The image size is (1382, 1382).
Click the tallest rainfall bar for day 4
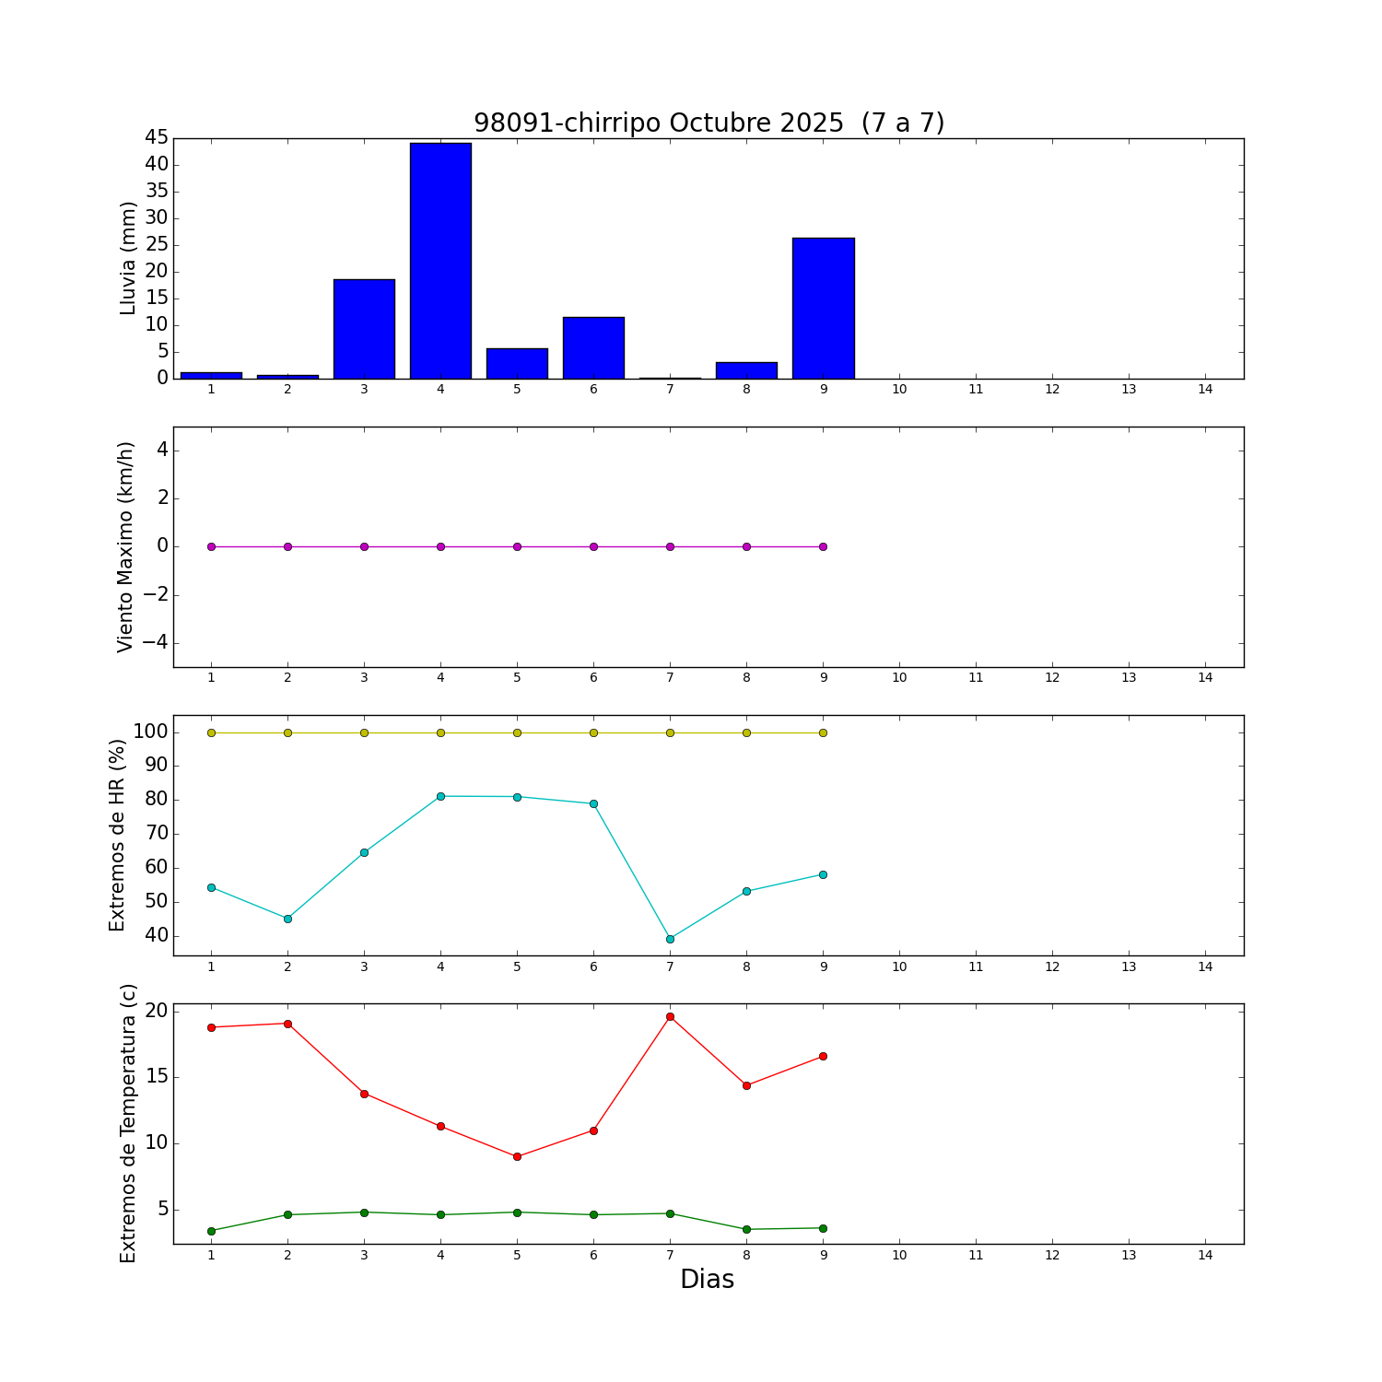coord(440,261)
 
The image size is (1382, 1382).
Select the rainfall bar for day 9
coord(823,308)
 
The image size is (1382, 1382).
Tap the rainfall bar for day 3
coord(364,329)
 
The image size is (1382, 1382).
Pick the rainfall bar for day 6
coord(593,347)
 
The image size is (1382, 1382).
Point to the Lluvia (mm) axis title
coord(128,258)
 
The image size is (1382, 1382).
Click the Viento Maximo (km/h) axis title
coord(126,546)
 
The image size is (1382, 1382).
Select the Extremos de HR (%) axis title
coord(117,835)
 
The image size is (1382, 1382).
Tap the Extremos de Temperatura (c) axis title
coord(128,1123)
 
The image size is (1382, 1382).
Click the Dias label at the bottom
coord(707,1279)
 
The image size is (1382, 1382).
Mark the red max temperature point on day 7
coord(670,1017)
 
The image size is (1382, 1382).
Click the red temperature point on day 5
coord(517,1156)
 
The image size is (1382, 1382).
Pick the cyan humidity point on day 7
coord(670,939)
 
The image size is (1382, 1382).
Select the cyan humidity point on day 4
coord(440,796)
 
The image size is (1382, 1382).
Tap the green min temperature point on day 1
coord(211,1231)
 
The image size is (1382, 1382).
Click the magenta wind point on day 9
coord(823,546)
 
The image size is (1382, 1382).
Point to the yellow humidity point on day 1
coord(211,732)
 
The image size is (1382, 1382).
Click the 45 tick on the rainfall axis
coord(157,138)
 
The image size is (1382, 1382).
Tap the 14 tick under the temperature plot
coord(1204,1255)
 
